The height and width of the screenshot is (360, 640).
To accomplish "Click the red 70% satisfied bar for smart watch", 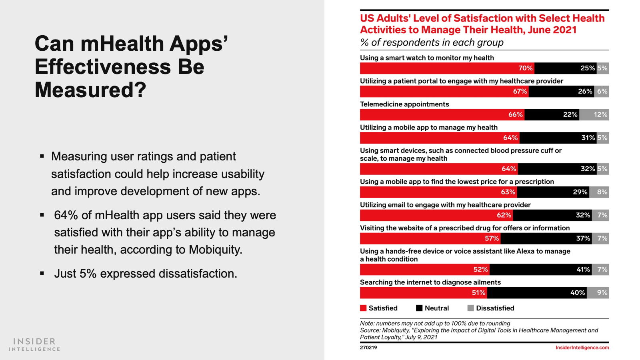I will [x=447, y=68].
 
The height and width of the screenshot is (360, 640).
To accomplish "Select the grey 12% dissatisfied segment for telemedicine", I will [x=594, y=115].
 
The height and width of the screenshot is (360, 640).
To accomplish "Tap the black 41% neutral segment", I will [x=540, y=270].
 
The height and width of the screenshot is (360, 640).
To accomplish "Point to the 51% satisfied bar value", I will [x=478, y=293].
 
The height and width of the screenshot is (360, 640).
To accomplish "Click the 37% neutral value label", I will [x=583, y=238].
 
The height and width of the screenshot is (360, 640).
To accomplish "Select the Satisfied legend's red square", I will [x=363, y=308].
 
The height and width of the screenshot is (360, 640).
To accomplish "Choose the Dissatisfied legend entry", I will [x=491, y=308].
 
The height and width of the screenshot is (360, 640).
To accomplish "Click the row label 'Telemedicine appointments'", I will [x=404, y=104].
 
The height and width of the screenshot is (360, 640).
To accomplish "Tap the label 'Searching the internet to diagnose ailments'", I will [x=430, y=282].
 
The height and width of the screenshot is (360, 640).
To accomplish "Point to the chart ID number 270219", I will [x=368, y=348].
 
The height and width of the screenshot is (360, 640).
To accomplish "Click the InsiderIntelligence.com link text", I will [x=582, y=348].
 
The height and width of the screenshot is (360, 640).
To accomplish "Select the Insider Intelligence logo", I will [x=34, y=344].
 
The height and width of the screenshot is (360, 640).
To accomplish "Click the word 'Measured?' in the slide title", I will [x=90, y=90].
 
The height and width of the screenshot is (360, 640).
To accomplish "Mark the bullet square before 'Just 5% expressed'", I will [x=42, y=274].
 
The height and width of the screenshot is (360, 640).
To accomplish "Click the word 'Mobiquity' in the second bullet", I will [x=215, y=250].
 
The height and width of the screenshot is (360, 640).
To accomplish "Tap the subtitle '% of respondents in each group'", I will [x=432, y=42].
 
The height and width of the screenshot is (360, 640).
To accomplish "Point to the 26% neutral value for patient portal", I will [x=585, y=92].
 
